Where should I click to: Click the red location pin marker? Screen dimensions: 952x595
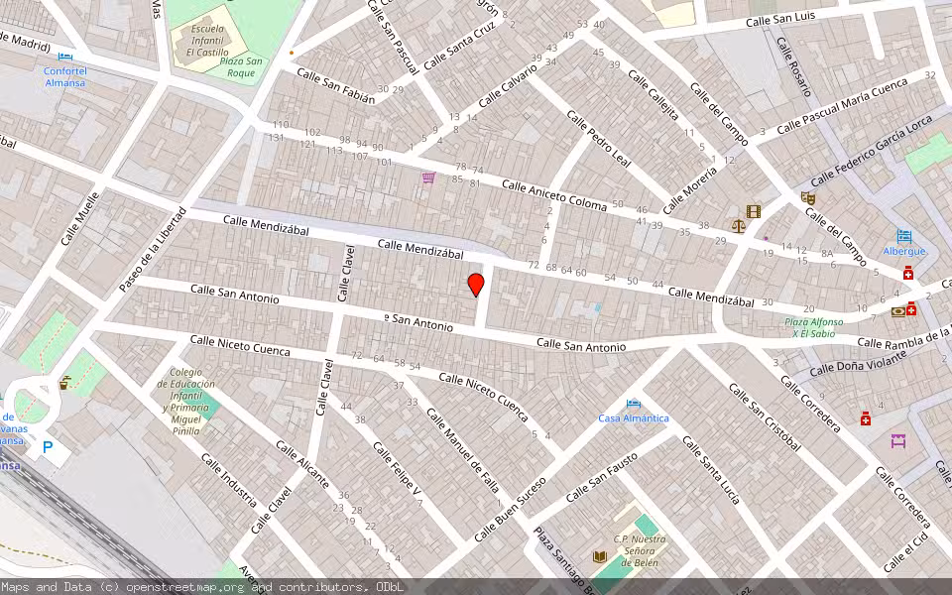476,285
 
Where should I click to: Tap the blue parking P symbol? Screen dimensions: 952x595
47,448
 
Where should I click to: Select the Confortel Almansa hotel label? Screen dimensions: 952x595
64,76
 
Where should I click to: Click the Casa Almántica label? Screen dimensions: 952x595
634,417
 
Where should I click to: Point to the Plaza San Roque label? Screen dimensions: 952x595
241,67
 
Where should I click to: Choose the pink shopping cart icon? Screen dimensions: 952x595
428,178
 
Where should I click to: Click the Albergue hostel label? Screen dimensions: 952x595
904,251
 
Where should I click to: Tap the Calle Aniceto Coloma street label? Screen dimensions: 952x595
553,194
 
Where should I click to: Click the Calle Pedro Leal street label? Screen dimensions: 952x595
599,139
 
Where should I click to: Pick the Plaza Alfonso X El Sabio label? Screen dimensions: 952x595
814,327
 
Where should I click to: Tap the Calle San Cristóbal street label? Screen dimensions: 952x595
764,416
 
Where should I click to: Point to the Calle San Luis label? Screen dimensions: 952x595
780,19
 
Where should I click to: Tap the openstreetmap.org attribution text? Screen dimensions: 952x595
187,587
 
